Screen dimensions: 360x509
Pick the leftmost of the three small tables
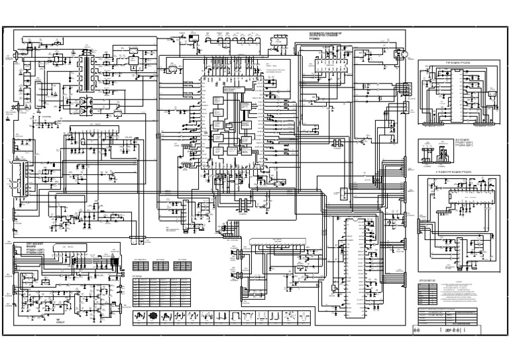(x=141, y=265)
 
